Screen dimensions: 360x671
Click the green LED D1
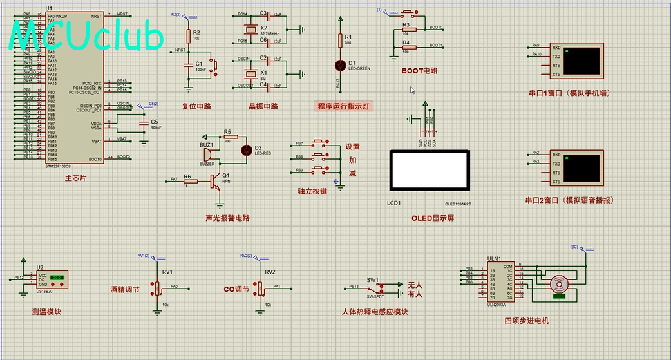click(341, 65)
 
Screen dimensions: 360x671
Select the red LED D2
click(246, 149)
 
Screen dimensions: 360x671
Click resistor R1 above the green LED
click(341, 41)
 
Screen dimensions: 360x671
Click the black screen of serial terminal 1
click(583, 61)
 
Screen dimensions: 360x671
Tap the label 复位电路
click(196, 106)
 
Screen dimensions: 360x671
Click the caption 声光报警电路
click(227, 218)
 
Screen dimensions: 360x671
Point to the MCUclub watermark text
click(86, 37)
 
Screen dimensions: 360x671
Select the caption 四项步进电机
click(526, 320)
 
